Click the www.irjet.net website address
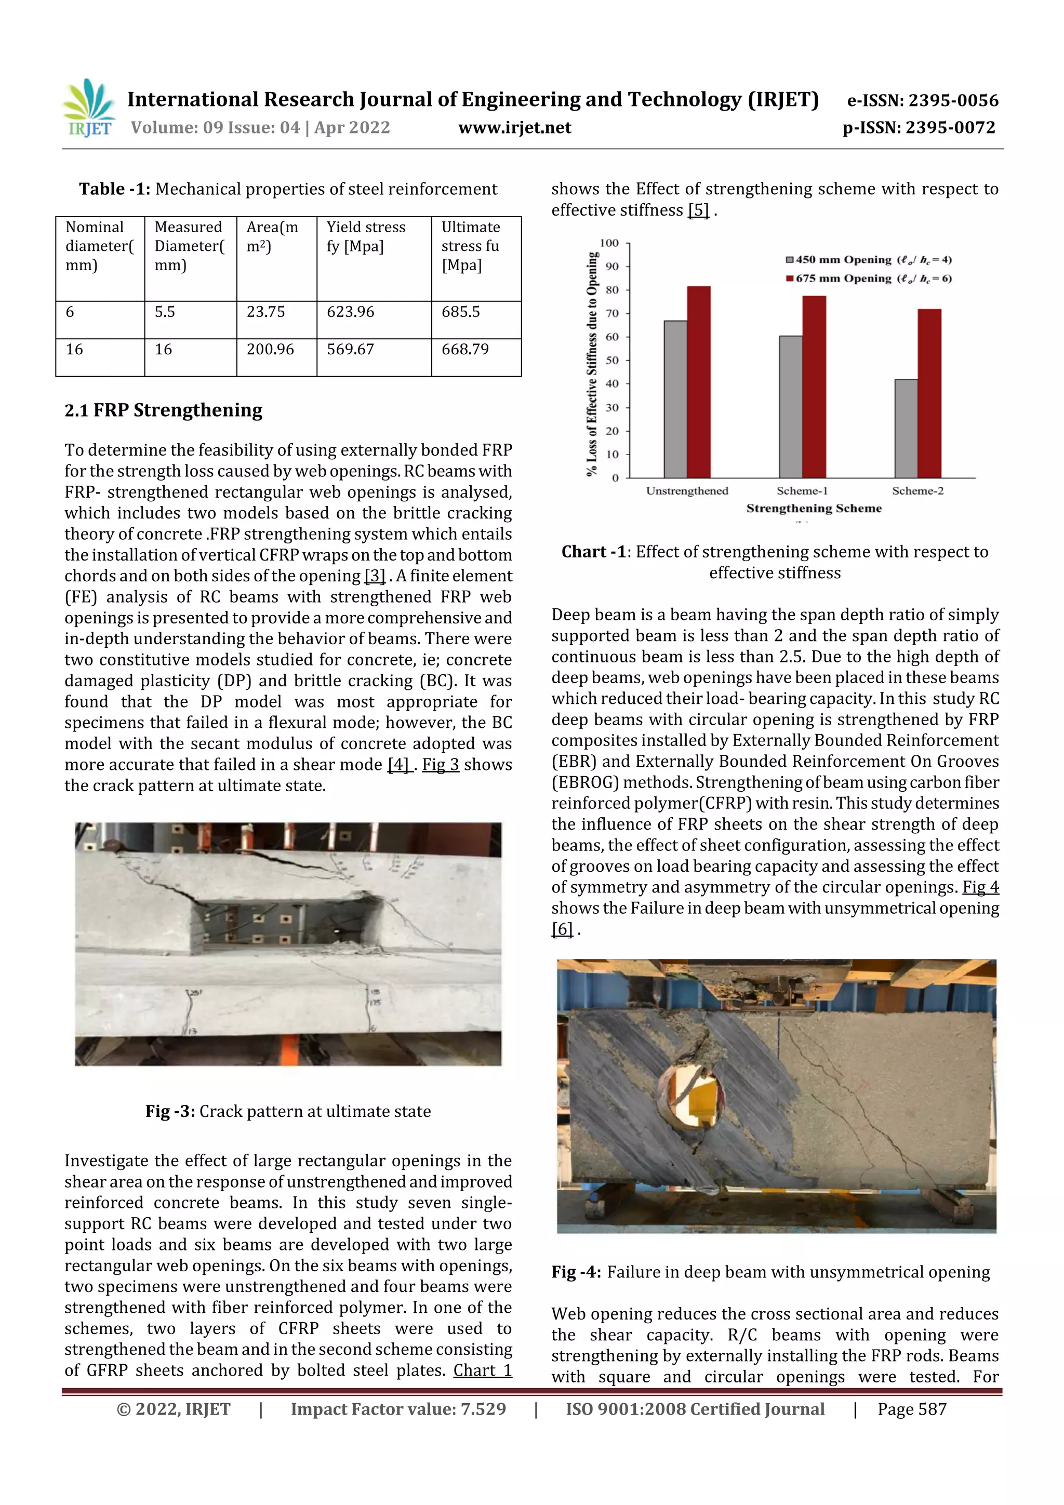515,128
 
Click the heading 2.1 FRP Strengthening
163,410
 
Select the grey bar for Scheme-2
906,428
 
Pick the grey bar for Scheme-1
790,406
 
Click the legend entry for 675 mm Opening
869,278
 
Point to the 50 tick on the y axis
611,361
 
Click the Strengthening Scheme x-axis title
814,508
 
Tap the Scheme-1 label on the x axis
802,491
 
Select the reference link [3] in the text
375,576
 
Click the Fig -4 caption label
576,1272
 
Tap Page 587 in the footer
912,1409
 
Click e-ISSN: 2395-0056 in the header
922,100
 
